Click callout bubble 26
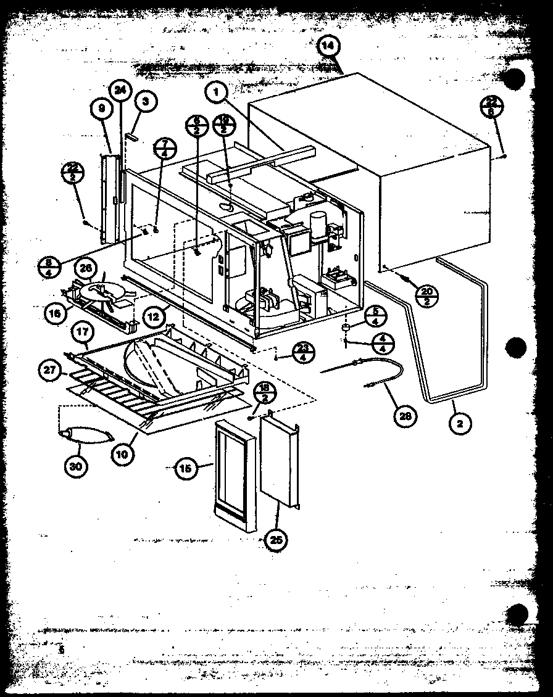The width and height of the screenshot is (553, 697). coord(86,268)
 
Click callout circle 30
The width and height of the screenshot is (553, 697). coord(75,465)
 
